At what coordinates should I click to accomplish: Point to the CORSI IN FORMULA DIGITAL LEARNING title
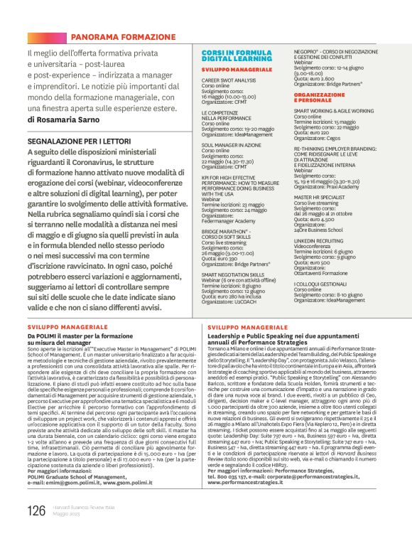(x=232, y=57)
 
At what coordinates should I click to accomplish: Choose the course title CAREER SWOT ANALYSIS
(x=229, y=81)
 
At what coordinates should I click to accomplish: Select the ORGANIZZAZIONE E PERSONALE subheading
(x=325, y=97)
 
